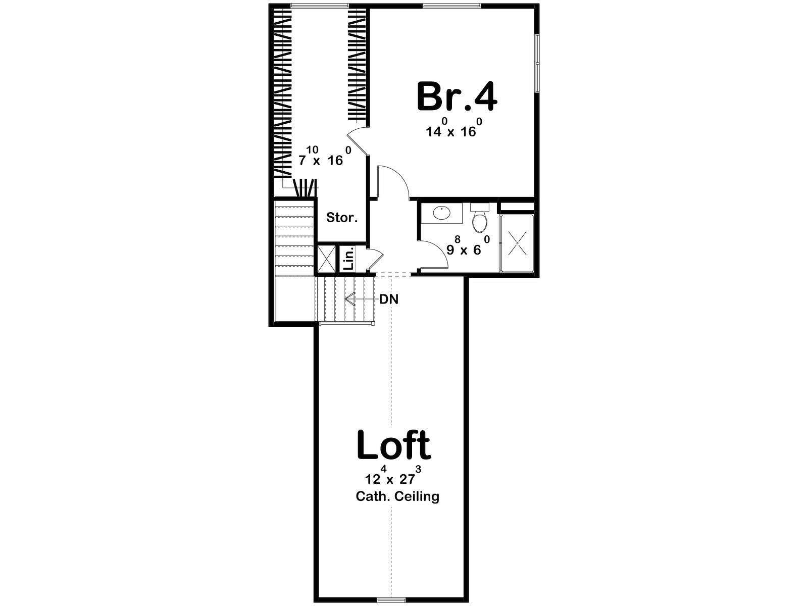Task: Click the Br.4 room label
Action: (x=457, y=97)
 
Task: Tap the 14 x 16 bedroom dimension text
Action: (x=454, y=127)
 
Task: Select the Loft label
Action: (x=393, y=445)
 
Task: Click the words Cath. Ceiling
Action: (x=397, y=497)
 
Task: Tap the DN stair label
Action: (x=389, y=299)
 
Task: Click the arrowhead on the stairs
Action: (x=349, y=299)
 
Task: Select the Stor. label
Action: (x=342, y=218)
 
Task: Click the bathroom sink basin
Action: (x=442, y=213)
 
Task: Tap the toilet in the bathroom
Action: (x=479, y=218)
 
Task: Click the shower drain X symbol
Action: (x=517, y=243)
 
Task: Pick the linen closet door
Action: (x=375, y=260)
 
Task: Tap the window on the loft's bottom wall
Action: (x=391, y=601)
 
